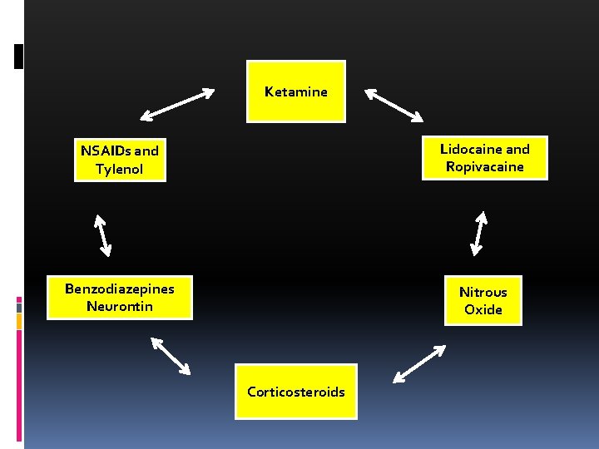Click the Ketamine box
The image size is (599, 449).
[x=295, y=91]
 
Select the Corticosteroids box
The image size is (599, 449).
[x=295, y=391]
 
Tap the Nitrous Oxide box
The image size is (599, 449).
[x=483, y=300]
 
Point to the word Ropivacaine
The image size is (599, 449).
[x=484, y=166]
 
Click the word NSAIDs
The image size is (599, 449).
[x=106, y=150]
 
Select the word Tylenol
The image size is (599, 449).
[x=119, y=169]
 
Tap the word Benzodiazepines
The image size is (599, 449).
[x=120, y=289]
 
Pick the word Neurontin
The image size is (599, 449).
[x=120, y=306]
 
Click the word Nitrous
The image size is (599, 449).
[x=483, y=292]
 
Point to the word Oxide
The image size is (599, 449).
[x=483, y=309]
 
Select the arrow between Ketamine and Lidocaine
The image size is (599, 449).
[x=394, y=105]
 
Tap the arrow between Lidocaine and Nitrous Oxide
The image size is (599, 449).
[x=479, y=232]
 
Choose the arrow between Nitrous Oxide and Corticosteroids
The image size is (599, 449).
[x=418, y=364]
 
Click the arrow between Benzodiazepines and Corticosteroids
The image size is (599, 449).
[x=171, y=355]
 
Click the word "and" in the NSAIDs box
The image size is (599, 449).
[x=146, y=150]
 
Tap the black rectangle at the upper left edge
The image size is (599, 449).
[x=19, y=56]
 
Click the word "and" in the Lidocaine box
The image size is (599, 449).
[x=517, y=149]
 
